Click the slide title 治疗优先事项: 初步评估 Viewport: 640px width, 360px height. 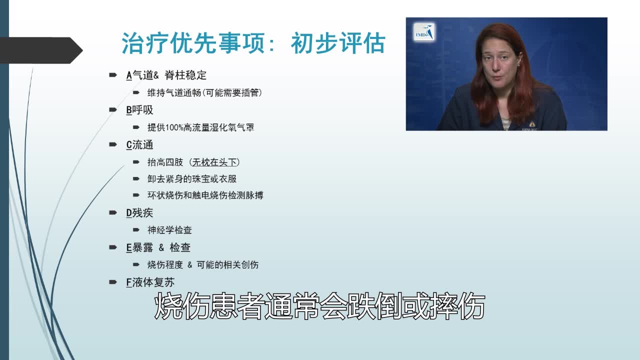(x=253, y=43)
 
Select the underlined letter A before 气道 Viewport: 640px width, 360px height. (x=129, y=75)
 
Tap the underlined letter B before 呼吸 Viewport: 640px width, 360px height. (x=129, y=110)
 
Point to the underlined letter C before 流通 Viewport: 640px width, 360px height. (x=129, y=145)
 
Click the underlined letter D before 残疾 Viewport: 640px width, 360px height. (x=129, y=213)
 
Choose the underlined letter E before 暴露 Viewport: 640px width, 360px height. (x=129, y=247)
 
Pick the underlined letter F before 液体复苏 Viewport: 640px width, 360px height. (x=129, y=282)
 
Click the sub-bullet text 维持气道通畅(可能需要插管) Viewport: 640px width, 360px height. (x=204, y=93)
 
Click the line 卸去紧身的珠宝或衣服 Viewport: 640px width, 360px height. (x=192, y=178)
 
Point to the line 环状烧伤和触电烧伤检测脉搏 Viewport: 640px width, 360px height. (x=205, y=195)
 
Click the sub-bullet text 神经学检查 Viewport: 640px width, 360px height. (x=169, y=230)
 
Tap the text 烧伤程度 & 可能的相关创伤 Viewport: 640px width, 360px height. (x=203, y=265)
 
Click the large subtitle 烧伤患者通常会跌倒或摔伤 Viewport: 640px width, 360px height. (x=320, y=306)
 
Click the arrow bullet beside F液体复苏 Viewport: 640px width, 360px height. (x=113, y=282)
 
